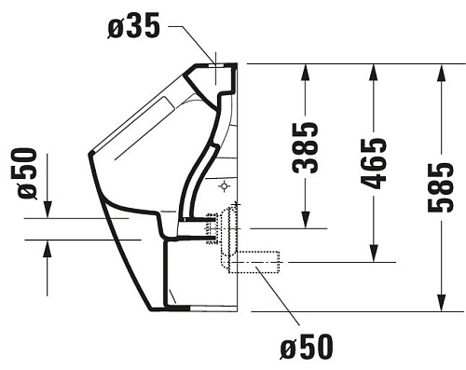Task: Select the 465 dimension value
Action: [373, 164]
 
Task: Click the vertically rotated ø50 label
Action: [27, 172]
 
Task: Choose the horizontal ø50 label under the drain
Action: [305, 347]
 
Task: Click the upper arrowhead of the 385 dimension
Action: [305, 74]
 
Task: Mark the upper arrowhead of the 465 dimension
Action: [373, 74]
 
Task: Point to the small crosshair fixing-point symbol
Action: [224, 186]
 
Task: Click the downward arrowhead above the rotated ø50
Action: [47, 209]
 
